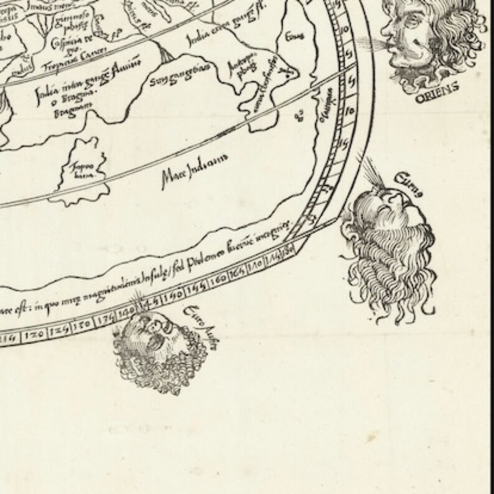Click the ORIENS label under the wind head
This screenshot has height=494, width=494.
439,87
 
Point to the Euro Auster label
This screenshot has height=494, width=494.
200,329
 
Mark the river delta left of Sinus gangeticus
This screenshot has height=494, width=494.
167,58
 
